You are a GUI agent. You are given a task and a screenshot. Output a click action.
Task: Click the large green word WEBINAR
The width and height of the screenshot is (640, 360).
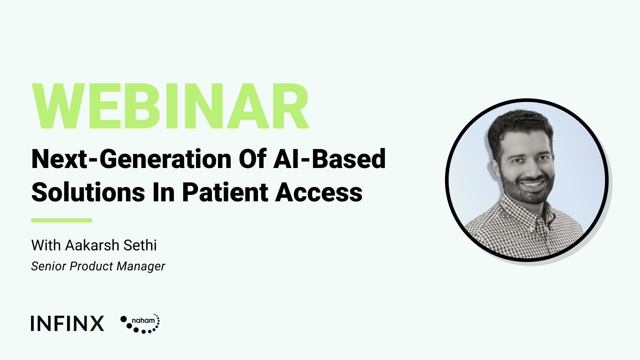[x=170, y=106]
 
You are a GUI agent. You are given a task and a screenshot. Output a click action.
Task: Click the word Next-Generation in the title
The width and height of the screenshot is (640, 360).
[x=131, y=159]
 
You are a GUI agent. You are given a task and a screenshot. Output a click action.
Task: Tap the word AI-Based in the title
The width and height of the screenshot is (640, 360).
[x=330, y=159]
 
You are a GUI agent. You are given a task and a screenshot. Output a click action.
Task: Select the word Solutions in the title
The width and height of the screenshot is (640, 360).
[x=88, y=193]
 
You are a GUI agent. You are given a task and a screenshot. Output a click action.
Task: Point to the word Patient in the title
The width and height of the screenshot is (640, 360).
[x=225, y=193]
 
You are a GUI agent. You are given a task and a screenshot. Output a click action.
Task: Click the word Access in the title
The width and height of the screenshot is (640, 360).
[x=319, y=193]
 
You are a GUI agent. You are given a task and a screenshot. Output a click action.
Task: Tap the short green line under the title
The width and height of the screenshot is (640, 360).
[x=62, y=220]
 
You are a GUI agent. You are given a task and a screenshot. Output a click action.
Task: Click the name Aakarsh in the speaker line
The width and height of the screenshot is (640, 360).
[x=92, y=245]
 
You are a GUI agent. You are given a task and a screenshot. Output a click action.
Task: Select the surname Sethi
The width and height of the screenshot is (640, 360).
[x=140, y=245]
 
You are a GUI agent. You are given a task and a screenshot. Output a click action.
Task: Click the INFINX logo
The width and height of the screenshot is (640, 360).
[x=68, y=323]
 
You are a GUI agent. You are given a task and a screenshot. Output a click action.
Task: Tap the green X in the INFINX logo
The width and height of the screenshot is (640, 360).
[x=97, y=323]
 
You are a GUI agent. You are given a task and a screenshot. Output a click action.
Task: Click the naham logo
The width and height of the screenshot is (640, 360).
[x=140, y=323]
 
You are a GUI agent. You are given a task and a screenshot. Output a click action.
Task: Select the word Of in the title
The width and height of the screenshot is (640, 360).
[x=253, y=159]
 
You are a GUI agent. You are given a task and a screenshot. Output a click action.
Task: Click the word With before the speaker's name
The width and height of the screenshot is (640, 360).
[x=46, y=245]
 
